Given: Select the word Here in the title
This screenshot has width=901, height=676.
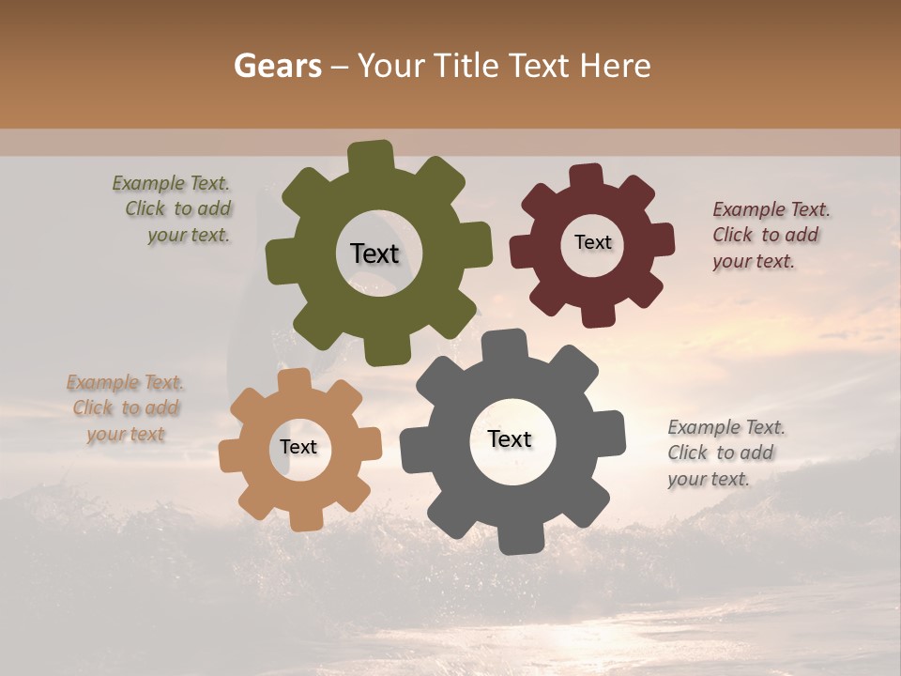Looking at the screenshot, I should tap(616, 66).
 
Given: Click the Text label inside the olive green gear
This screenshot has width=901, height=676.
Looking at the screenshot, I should tap(374, 253).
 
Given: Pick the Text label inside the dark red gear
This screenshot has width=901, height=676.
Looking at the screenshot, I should tap(592, 242).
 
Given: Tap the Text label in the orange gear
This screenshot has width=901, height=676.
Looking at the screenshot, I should tap(298, 447).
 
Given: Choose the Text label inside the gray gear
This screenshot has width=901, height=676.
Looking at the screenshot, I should tap(510, 438).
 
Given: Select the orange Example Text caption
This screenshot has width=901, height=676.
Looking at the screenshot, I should tap(126, 407).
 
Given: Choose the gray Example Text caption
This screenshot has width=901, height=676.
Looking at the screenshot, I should tap(724, 453).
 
